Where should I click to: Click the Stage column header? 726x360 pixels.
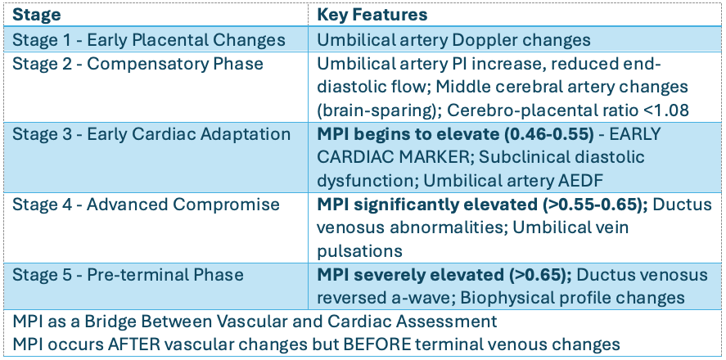tap(36, 15)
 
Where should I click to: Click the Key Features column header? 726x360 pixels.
tap(372, 15)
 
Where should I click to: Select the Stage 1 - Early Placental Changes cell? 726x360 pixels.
tap(149, 40)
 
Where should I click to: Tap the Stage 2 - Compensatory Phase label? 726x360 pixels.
tap(138, 63)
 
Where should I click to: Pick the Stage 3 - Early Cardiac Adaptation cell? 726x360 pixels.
tap(151, 134)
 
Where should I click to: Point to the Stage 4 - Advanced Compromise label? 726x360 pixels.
tap(146, 205)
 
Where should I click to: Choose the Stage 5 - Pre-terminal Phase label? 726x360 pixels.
tap(128, 275)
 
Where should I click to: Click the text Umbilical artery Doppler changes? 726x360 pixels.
tap(453, 40)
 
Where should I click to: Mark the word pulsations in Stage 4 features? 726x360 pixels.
tap(359, 252)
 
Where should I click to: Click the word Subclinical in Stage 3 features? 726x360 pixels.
tap(522, 158)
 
